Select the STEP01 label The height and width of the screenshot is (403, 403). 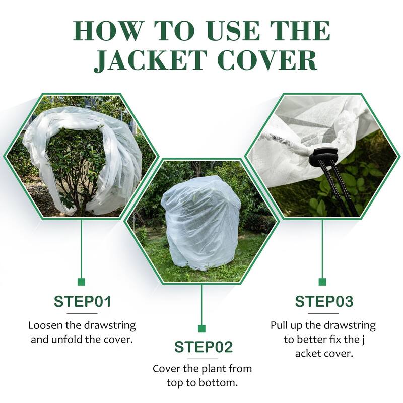click(x=82, y=302)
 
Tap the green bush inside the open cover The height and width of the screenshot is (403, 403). click(x=76, y=161)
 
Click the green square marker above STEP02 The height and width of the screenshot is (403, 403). click(x=202, y=329)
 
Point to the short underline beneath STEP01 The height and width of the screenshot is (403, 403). click(x=82, y=313)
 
